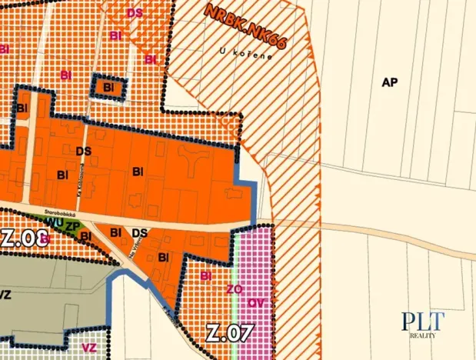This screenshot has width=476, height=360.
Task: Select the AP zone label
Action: point(389,82)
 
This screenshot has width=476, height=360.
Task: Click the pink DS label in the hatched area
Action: point(135,13)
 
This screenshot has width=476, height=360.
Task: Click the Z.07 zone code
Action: point(230,333)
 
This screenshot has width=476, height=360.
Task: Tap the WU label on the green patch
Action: point(54,222)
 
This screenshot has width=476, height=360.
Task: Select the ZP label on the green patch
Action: point(71,226)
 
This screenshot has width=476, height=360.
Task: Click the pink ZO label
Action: point(235,289)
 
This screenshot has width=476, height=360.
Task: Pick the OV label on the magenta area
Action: point(257,303)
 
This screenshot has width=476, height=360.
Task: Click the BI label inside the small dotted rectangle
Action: point(108,88)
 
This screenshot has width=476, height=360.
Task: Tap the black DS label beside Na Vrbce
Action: point(140,232)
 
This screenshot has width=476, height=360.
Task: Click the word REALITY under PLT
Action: point(424,336)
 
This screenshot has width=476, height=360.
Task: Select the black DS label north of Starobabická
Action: point(84,152)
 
